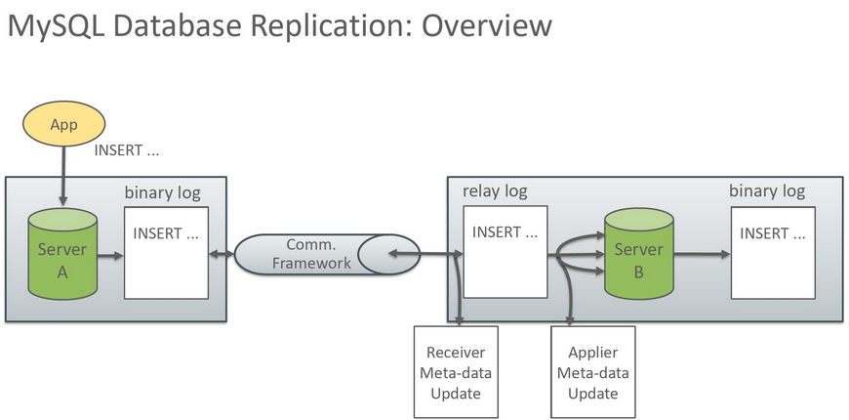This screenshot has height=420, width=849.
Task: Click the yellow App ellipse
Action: [x=63, y=125]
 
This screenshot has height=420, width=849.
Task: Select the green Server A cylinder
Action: [x=62, y=254]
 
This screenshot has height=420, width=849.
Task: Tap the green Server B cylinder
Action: [x=639, y=254]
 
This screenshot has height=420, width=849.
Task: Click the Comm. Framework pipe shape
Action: [x=327, y=254]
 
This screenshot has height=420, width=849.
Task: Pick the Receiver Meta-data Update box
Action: [x=456, y=372]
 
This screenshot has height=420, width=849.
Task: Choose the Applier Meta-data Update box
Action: [x=593, y=372]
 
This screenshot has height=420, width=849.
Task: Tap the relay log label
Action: [x=495, y=191]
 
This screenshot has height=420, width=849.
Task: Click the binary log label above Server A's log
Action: [x=162, y=193]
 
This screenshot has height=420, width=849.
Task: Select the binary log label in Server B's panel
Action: [x=767, y=191]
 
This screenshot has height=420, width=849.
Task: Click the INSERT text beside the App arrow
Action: [x=127, y=150]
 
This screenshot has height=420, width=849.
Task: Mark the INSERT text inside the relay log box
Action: [x=505, y=231]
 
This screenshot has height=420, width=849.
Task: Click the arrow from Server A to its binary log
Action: [x=111, y=255]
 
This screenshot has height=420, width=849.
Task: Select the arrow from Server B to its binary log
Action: [x=703, y=255]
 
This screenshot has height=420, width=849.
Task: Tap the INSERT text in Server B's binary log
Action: [x=773, y=233]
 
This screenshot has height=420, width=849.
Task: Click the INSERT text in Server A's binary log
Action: [x=166, y=233]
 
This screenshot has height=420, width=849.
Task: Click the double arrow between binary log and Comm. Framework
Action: [x=222, y=255]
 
